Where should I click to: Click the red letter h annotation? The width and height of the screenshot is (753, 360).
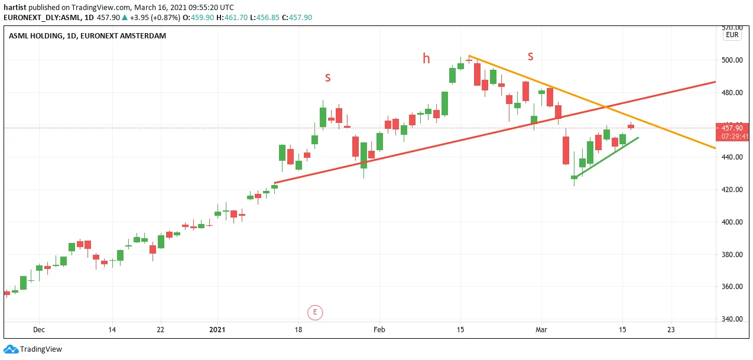click(x=426, y=59)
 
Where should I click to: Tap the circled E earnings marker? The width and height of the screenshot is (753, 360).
click(x=315, y=312)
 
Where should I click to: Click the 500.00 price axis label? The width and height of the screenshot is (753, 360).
click(x=732, y=60)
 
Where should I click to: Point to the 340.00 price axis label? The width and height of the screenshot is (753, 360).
click(x=732, y=319)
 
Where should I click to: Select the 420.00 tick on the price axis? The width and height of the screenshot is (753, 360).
click(x=732, y=190)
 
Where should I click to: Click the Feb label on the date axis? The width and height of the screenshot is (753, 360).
click(x=379, y=329)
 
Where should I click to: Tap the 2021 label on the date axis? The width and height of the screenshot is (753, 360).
click(x=217, y=329)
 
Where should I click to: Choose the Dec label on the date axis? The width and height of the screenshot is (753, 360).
click(x=39, y=329)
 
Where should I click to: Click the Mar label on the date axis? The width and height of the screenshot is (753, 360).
click(x=541, y=329)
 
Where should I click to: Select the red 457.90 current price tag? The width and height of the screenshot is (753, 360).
click(x=732, y=132)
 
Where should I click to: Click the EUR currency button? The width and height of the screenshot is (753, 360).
click(x=732, y=35)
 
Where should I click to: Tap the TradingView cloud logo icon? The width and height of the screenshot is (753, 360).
click(x=11, y=349)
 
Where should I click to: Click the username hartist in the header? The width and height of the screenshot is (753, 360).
click(x=15, y=7)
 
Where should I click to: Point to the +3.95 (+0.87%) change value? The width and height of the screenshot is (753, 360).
click(x=155, y=18)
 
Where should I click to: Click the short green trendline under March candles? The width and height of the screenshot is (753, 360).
click(x=606, y=157)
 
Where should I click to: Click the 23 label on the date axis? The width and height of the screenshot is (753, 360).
click(x=671, y=329)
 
